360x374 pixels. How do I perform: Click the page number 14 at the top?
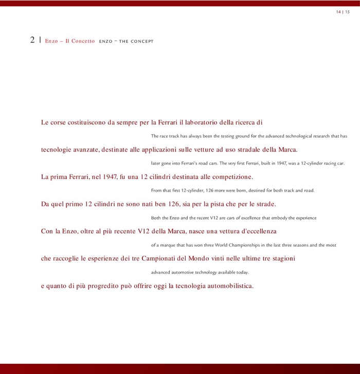pyautogui.click(x=338, y=12)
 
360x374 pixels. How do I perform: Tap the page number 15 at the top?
pyautogui.click(x=347, y=12)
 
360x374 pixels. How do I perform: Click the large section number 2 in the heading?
pyautogui.click(x=32, y=40)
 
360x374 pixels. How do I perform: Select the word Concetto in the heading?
pyautogui.click(x=83, y=41)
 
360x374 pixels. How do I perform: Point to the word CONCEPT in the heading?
pyautogui.click(x=141, y=41)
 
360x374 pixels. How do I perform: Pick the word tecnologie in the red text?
pyautogui.click(x=58, y=150)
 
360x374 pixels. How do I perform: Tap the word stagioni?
pyautogui.click(x=281, y=258)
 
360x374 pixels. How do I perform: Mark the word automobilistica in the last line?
pyautogui.click(x=230, y=286)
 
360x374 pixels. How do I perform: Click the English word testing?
pyautogui.click(x=224, y=136)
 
